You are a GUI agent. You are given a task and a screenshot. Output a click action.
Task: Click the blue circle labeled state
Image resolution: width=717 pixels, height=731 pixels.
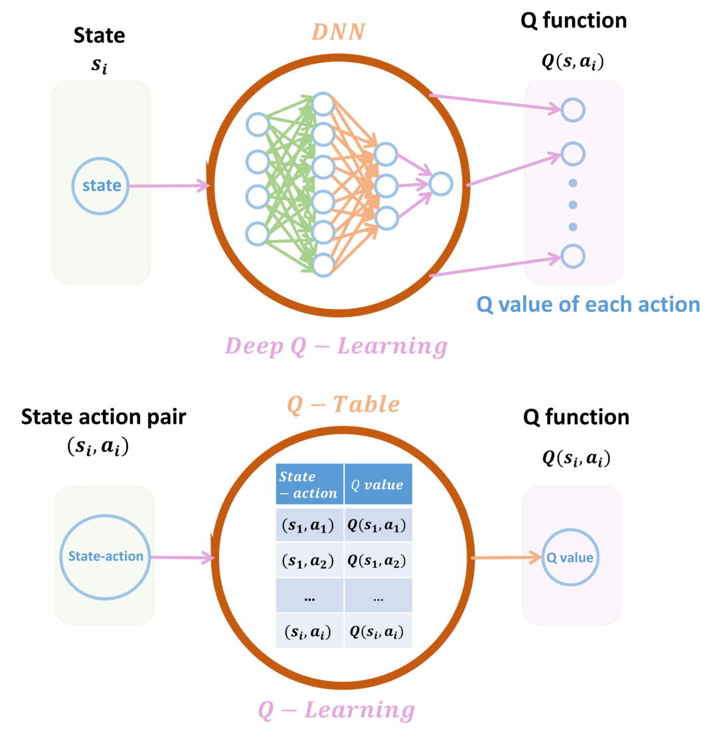(100, 186)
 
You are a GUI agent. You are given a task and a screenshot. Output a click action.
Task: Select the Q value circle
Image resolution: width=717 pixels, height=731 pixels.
(570, 557)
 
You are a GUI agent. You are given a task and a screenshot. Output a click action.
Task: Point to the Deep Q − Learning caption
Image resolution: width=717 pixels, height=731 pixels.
(336, 346)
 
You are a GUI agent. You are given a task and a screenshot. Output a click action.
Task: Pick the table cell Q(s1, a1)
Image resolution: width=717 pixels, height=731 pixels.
(378, 525)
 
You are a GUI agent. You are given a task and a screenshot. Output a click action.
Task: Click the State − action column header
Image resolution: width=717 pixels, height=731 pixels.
(309, 484)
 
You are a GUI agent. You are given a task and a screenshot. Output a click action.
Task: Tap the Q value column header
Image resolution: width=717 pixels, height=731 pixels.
(378, 484)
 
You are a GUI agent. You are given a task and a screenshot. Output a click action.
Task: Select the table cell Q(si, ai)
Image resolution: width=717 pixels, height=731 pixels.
(378, 631)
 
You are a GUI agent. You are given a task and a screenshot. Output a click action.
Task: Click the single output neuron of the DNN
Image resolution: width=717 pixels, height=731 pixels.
(441, 184)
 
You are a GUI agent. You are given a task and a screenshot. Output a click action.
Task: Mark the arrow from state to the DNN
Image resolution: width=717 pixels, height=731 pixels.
(169, 186)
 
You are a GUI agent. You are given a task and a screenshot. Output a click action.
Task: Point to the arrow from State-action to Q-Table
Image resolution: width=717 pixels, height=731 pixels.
(183, 557)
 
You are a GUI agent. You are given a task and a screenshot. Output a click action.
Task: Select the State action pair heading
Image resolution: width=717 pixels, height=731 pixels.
(104, 417)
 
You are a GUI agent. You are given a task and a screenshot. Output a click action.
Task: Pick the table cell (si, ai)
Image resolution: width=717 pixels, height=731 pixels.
(309, 631)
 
